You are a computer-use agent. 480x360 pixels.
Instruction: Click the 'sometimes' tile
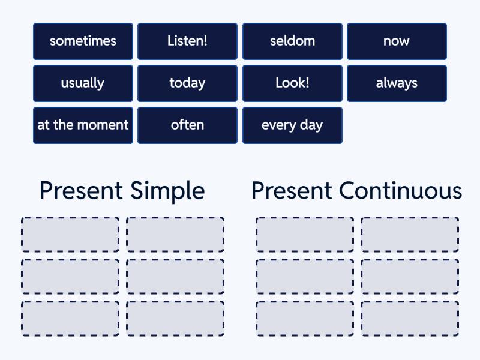click(83, 41)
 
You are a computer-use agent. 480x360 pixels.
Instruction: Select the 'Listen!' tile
click(187, 41)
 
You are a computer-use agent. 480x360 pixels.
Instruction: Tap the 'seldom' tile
click(292, 41)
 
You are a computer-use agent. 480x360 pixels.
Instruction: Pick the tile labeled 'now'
click(397, 41)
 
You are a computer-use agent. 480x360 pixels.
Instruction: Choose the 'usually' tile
click(83, 83)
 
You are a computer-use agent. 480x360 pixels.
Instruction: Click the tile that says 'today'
click(187, 83)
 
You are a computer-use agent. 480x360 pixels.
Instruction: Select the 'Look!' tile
click(292, 83)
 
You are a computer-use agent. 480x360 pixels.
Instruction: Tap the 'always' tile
click(397, 83)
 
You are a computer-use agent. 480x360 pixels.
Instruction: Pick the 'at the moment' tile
click(83, 125)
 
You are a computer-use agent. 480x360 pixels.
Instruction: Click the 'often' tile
click(187, 125)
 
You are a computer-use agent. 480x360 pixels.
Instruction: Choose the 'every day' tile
click(292, 125)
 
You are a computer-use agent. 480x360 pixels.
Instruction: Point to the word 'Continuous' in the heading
click(400, 191)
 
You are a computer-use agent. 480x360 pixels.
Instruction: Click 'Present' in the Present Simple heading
click(81, 191)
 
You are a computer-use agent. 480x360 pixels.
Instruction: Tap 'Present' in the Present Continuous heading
click(292, 191)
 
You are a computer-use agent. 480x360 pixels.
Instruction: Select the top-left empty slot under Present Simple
click(70, 235)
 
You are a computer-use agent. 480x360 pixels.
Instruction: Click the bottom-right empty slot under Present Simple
click(175, 318)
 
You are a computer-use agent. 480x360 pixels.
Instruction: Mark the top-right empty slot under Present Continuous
click(410, 235)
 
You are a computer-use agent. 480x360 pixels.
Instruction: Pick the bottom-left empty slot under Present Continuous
click(305, 318)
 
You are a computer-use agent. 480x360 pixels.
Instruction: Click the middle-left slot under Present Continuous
click(305, 276)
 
